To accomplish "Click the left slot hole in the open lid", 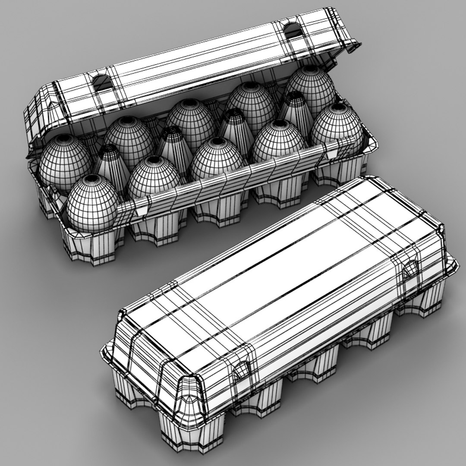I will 101,82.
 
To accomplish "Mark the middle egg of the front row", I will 217,158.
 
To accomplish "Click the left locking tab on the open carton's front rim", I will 140,209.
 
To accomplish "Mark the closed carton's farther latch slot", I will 409,270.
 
